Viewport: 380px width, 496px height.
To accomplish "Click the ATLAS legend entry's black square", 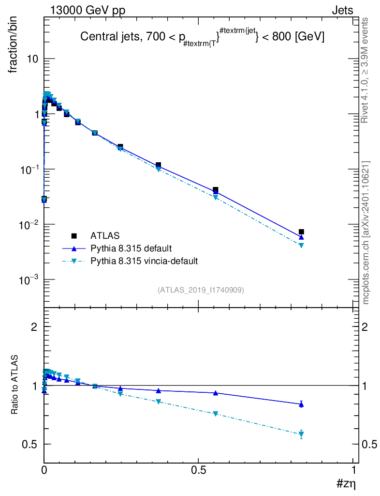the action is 74,236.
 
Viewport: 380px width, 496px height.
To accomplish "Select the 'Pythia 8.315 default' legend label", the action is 131,248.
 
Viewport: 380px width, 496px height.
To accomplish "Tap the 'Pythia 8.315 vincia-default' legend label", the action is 144,261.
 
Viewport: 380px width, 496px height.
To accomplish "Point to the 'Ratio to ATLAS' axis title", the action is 15,384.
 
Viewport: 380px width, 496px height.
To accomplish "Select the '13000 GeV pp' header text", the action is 88,10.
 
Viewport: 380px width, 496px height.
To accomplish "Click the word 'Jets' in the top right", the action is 342,10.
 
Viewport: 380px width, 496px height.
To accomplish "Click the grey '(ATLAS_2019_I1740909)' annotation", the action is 201,290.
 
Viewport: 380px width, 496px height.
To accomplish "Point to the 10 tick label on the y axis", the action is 32,59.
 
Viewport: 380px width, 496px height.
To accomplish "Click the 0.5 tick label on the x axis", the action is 199,470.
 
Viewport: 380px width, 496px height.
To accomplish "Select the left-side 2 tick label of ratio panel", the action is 34,327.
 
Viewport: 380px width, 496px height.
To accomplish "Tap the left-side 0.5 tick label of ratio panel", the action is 29,444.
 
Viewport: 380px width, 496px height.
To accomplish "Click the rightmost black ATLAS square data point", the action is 301,232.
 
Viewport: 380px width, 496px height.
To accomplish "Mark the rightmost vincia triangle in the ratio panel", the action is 301,434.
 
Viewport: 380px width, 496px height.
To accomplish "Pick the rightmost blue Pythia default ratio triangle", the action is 301,404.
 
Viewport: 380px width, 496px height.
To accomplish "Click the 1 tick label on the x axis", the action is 353,470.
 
